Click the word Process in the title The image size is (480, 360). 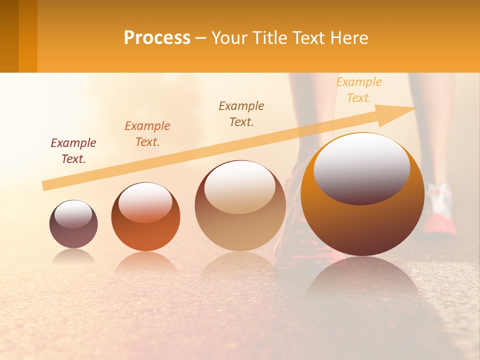157,38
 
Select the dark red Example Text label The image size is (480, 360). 73,151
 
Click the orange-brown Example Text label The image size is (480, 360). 147,134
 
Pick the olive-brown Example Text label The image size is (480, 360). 241,114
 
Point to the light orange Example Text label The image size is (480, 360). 359,90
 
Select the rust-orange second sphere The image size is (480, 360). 145,232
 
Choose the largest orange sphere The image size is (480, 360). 362,225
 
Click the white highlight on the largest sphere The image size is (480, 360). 361,167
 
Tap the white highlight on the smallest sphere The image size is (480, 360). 73,214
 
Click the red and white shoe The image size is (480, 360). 440,210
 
